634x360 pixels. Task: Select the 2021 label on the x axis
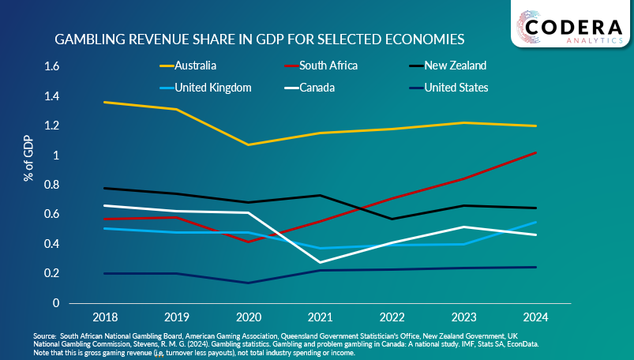(320, 317)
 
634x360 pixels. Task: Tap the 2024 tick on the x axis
(536, 317)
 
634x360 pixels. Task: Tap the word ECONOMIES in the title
(425, 39)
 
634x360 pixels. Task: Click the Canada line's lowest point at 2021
(320, 262)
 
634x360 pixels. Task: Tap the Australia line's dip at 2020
(248, 144)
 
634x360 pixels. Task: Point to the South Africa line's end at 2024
(536, 152)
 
